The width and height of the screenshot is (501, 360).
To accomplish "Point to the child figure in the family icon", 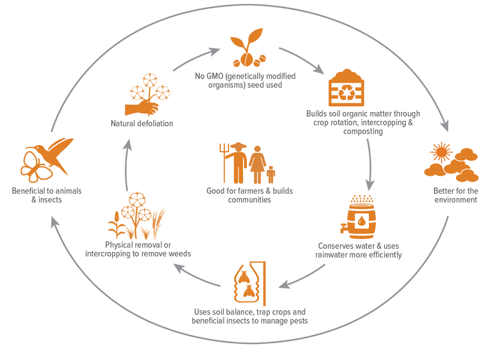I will coord(271,174).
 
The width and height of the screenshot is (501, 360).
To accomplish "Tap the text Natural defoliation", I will coord(142,123).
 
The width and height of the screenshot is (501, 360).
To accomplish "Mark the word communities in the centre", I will coord(249,200).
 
